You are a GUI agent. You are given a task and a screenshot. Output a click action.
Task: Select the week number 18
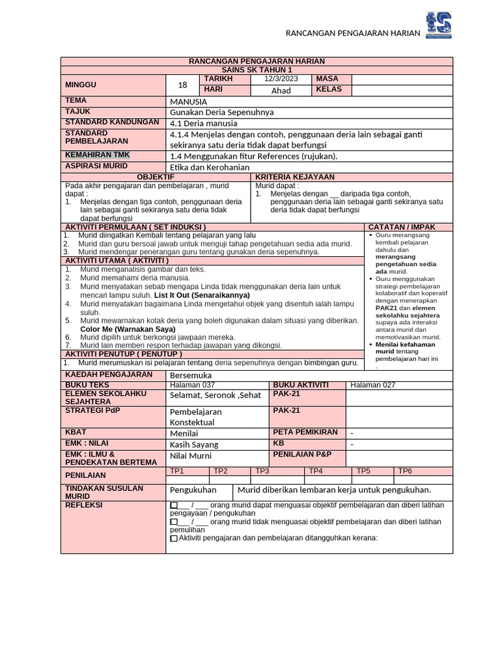(x=182, y=85)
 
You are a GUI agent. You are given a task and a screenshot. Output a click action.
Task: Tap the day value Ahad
(x=281, y=90)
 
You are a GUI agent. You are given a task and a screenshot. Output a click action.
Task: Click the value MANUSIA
(x=188, y=102)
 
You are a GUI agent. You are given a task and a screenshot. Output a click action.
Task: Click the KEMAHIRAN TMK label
(x=98, y=155)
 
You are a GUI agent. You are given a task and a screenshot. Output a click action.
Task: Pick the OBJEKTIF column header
(x=156, y=177)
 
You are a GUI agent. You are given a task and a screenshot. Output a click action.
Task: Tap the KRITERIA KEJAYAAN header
(x=295, y=177)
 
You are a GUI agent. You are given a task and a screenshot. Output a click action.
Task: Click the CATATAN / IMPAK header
(x=402, y=227)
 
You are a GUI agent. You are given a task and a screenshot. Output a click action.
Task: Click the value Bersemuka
(x=191, y=375)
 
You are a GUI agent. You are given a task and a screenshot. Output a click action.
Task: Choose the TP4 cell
(x=316, y=471)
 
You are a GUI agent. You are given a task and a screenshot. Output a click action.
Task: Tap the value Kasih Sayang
(x=194, y=445)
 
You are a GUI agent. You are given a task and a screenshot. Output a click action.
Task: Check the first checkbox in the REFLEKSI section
(x=173, y=505)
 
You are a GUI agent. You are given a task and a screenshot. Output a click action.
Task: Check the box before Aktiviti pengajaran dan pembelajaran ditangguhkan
(x=173, y=539)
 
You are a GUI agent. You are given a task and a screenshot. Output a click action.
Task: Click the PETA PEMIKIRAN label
(x=305, y=432)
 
